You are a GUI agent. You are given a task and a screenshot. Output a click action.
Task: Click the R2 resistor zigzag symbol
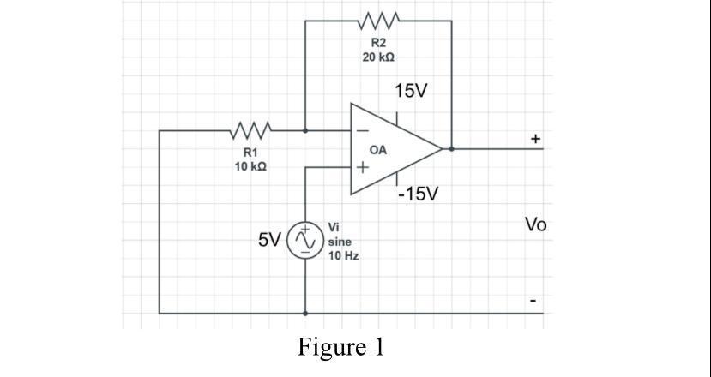click(378, 19)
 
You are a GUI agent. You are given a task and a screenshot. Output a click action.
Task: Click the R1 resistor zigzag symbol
click(251, 131)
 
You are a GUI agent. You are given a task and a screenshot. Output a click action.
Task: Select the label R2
click(378, 42)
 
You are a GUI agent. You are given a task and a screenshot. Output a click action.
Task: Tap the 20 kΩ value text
click(378, 57)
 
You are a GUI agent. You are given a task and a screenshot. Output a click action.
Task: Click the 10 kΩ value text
click(250, 165)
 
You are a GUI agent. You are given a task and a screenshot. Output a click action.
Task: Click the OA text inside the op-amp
click(378, 150)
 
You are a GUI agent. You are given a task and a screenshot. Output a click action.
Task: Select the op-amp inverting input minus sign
click(362, 131)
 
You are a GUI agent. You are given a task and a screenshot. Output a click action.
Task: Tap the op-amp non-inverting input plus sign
click(363, 168)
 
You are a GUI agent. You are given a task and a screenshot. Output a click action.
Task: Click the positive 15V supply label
click(411, 91)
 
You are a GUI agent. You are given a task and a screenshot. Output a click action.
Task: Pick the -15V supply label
click(418, 194)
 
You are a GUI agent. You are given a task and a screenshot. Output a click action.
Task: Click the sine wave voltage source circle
click(304, 241)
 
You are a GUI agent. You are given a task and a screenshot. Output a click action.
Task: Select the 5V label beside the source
click(270, 241)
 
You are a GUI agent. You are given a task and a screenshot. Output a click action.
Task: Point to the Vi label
click(334, 227)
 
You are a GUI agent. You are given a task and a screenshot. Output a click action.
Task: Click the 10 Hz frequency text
click(343, 256)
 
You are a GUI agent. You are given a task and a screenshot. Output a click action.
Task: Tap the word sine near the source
click(340, 242)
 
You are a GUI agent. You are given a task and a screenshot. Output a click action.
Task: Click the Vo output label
click(536, 225)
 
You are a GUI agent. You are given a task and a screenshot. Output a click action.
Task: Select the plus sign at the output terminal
click(536, 137)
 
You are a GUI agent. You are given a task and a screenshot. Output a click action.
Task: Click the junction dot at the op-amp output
click(451, 148)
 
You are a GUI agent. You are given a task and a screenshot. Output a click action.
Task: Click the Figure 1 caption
click(341, 347)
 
